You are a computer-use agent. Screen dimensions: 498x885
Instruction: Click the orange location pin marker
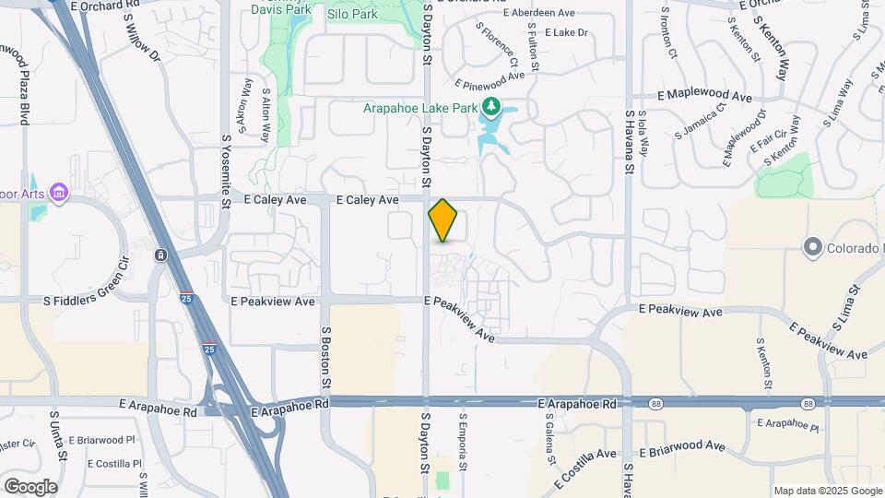443,220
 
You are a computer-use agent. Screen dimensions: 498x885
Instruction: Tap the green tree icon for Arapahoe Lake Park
491,107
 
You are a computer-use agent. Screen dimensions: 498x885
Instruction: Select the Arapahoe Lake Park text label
420,108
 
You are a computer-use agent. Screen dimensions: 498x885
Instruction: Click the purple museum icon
60,192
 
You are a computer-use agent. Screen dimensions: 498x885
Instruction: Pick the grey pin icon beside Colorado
812,247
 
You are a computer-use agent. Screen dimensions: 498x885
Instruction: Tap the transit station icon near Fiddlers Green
161,255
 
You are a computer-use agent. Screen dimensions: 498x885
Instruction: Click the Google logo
30,486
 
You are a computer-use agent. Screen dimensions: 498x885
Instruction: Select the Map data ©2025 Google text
827,491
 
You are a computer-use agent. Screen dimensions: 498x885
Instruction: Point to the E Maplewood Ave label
704,95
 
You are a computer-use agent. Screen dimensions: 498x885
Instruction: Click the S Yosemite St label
226,172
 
